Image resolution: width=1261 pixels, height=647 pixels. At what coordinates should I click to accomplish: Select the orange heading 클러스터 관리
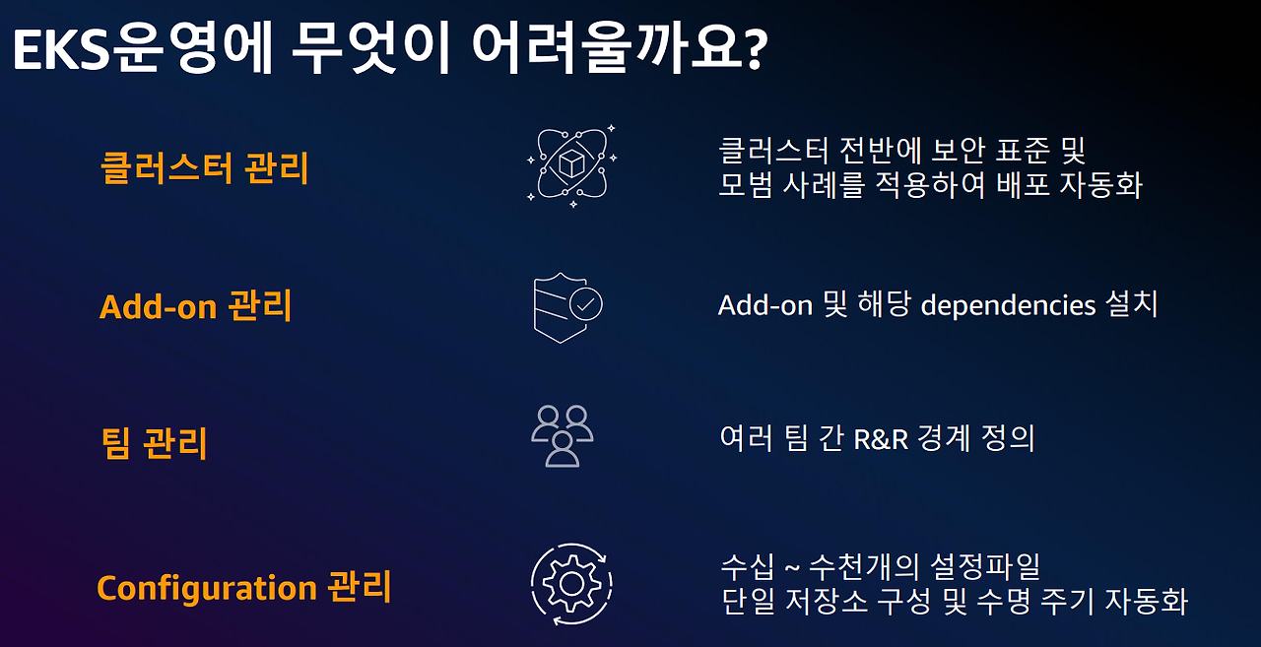click(204, 168)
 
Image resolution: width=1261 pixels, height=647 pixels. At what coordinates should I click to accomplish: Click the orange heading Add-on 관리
click(195, 306)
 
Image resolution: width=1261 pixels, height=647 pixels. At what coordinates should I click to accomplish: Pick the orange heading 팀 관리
click(154, 443)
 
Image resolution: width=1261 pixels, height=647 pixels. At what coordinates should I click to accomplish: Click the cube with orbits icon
click(571, 163)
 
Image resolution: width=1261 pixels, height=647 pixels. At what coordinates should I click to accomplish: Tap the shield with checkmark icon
click(567, 306)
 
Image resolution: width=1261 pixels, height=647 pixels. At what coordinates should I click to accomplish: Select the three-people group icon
click(563, 435)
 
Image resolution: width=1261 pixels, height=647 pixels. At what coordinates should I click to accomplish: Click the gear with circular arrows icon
click(571, 584)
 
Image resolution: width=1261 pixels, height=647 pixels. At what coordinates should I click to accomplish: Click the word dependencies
click(1008, 305)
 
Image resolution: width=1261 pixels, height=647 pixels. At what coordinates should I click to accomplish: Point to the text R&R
click(873, 438)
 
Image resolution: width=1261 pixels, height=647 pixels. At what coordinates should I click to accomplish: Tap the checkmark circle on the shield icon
click(586, 304)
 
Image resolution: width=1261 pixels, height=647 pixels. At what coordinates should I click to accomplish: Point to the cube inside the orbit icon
click(571, 164)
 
